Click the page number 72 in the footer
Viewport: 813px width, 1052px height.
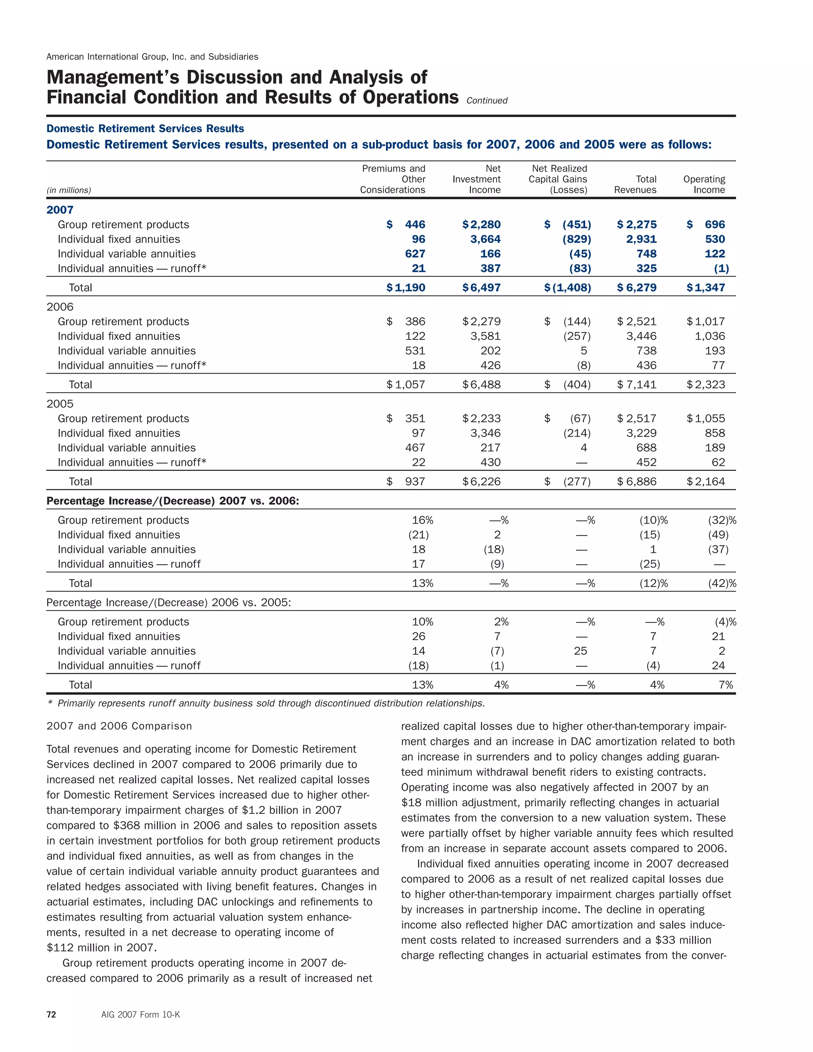point(51,1014)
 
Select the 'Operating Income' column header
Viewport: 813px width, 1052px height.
point(704,185)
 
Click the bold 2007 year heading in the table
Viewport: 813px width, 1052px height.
point(60,210)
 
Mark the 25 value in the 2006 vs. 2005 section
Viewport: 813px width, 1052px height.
point(580,651)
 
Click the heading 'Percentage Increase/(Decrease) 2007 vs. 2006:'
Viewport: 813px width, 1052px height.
point(172,501)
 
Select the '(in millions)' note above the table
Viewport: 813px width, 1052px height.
point(68,190)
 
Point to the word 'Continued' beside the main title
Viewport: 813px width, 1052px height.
point(487,101)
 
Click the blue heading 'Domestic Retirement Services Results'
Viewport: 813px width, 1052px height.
point(145,129)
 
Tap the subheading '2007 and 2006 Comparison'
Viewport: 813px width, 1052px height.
point(119,726)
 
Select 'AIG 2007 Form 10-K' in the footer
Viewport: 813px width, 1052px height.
point(140,1014)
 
